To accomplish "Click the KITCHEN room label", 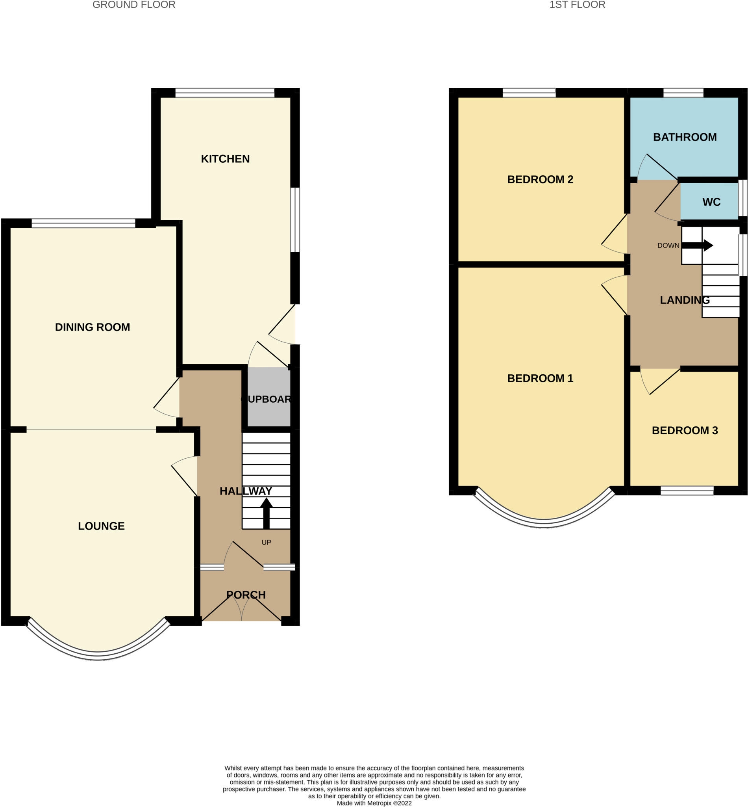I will [x=225, y=159].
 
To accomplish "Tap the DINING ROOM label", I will [x=92, y=327].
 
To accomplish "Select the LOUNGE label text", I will [x=101, y=526].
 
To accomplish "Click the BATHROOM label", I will [x=685, y=137].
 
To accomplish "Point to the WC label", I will [x=711, y=202].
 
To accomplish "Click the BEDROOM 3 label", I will [x=685, y=430].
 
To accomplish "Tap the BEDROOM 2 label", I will [x=540, y=179].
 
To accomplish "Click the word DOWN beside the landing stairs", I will [x=668, y=245].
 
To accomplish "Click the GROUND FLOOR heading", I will [x=133, y=5].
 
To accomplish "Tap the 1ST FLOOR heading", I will [x=577, y=5].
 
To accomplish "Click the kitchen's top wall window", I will [x=225, y=93].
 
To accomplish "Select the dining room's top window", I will [x=83, y=223].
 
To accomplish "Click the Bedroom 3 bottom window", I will [x=687, y=491].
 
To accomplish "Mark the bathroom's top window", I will [x=683, y=93].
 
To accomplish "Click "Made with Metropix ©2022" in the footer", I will [x=374, y=803].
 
